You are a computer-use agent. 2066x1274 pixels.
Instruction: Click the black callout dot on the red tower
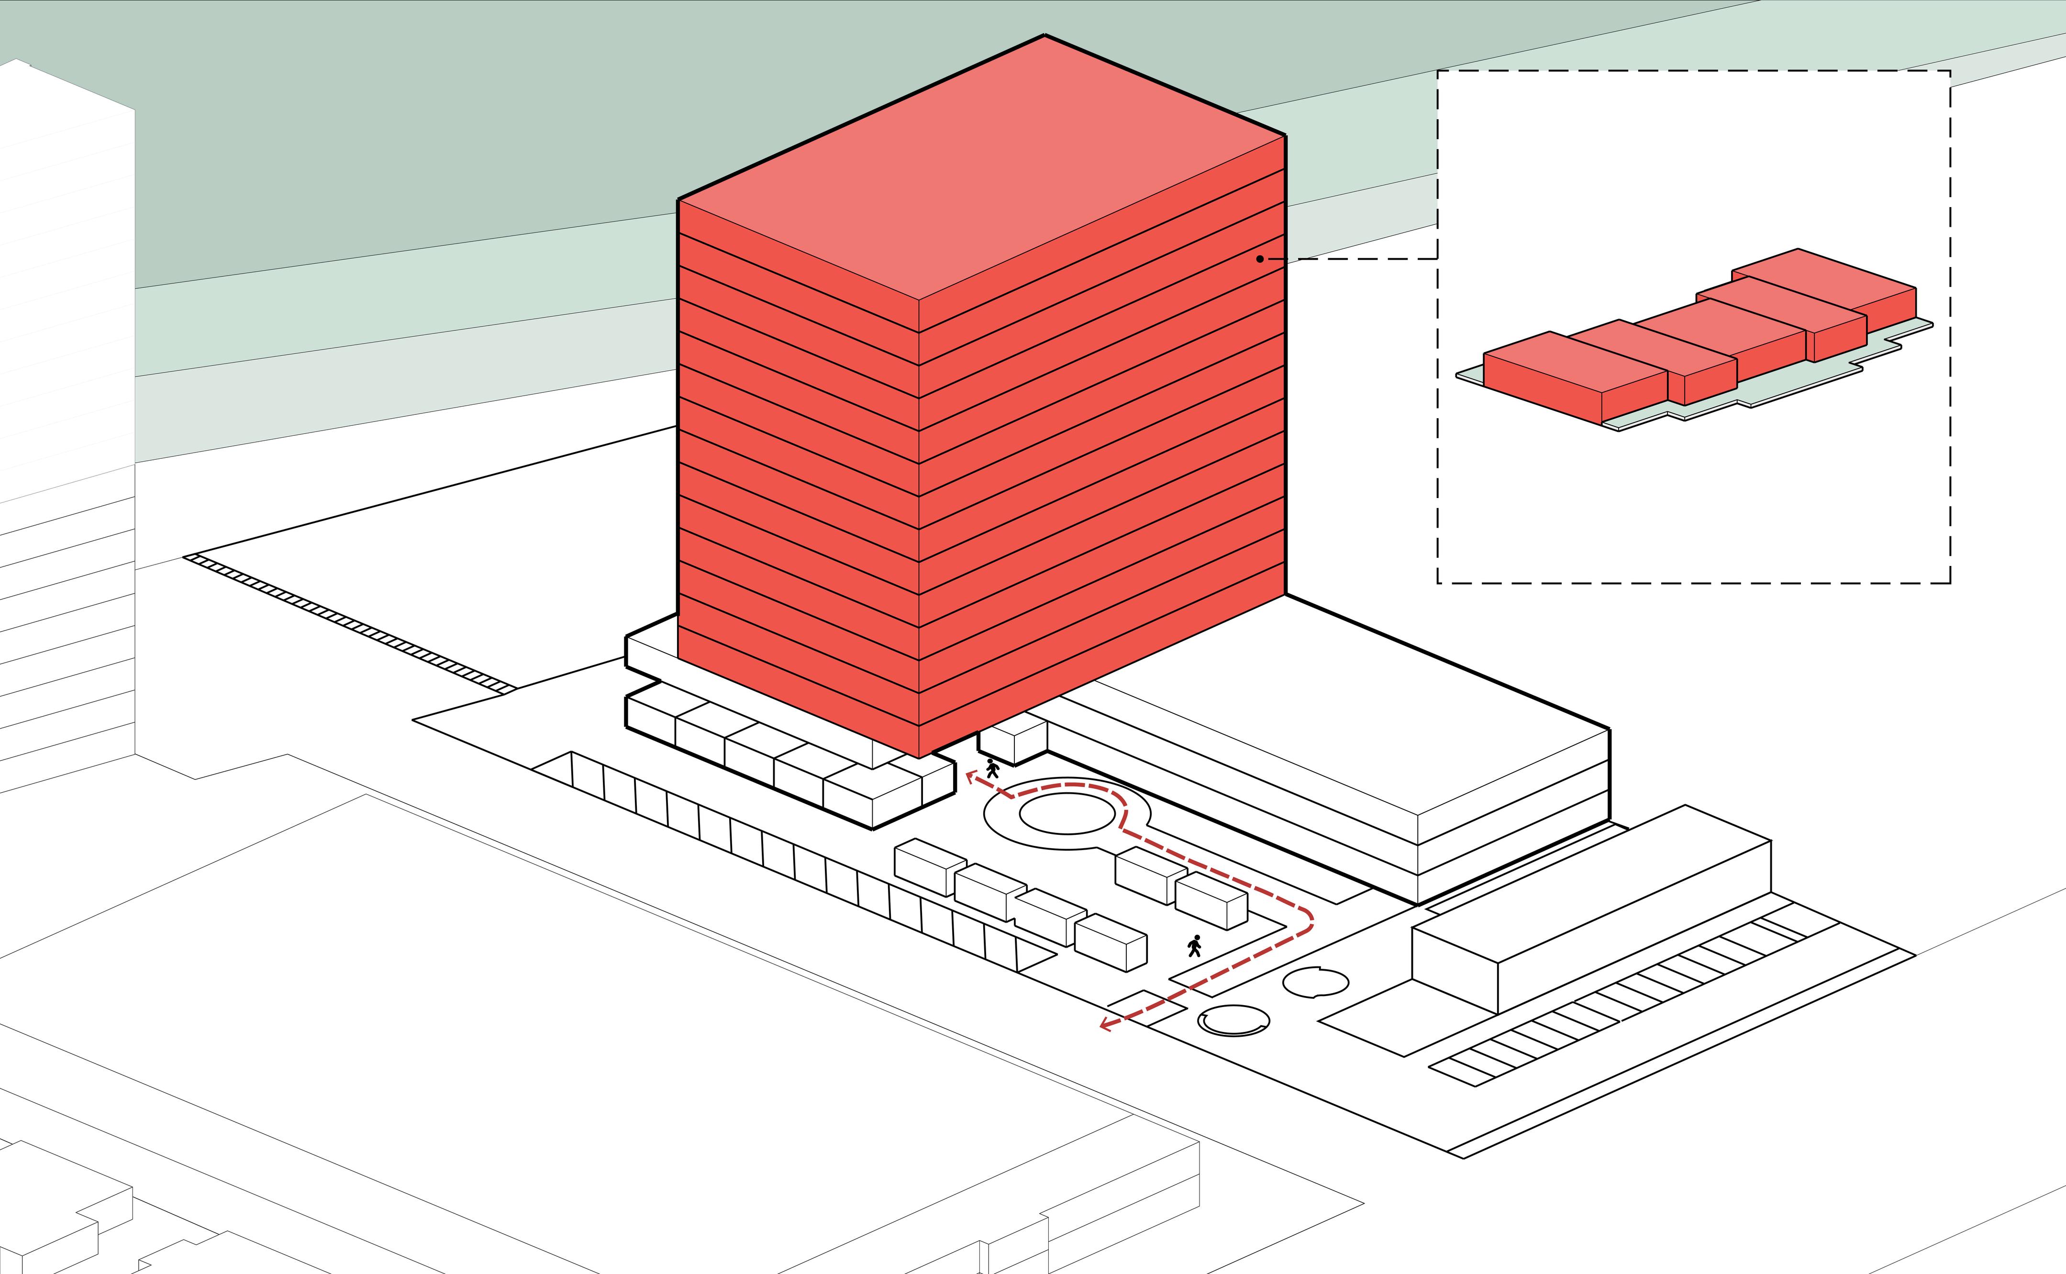pyautogui.click(x=1260, y=259)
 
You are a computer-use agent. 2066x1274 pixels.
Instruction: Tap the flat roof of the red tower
pyautogui.click(x=982, y=168)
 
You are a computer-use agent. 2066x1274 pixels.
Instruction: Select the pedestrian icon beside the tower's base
pyautogui.click(x=992, y=767)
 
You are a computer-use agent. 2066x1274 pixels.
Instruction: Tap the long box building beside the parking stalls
pyautogui.click(x=1592, y=910)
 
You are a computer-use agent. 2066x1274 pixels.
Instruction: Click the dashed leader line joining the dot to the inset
pyautogui.click(x=1356, y=259)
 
